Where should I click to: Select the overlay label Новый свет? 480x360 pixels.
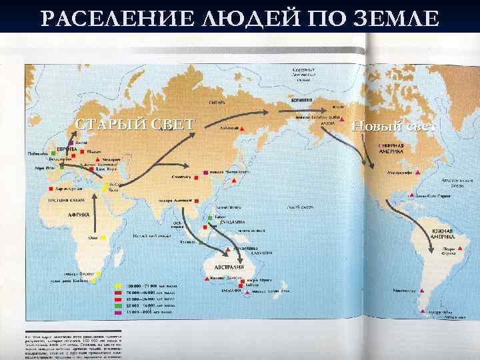coord(394,127)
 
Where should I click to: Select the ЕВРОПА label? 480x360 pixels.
coord(66,148)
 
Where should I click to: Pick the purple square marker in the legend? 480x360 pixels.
coord(117,311)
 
